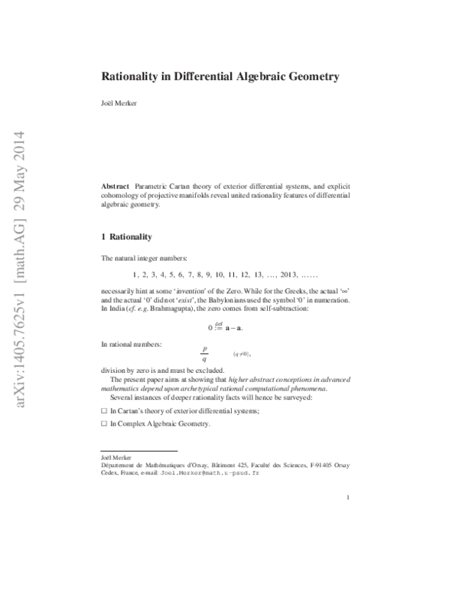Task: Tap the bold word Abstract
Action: pyautogui.click(x=116, y=186)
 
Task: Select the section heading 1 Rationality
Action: pyautogui.click(x=126, y=237)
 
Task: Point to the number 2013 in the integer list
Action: pyautogui.click(x=285, y=274)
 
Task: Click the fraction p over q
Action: pyautogui.click(x=204, y=355)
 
